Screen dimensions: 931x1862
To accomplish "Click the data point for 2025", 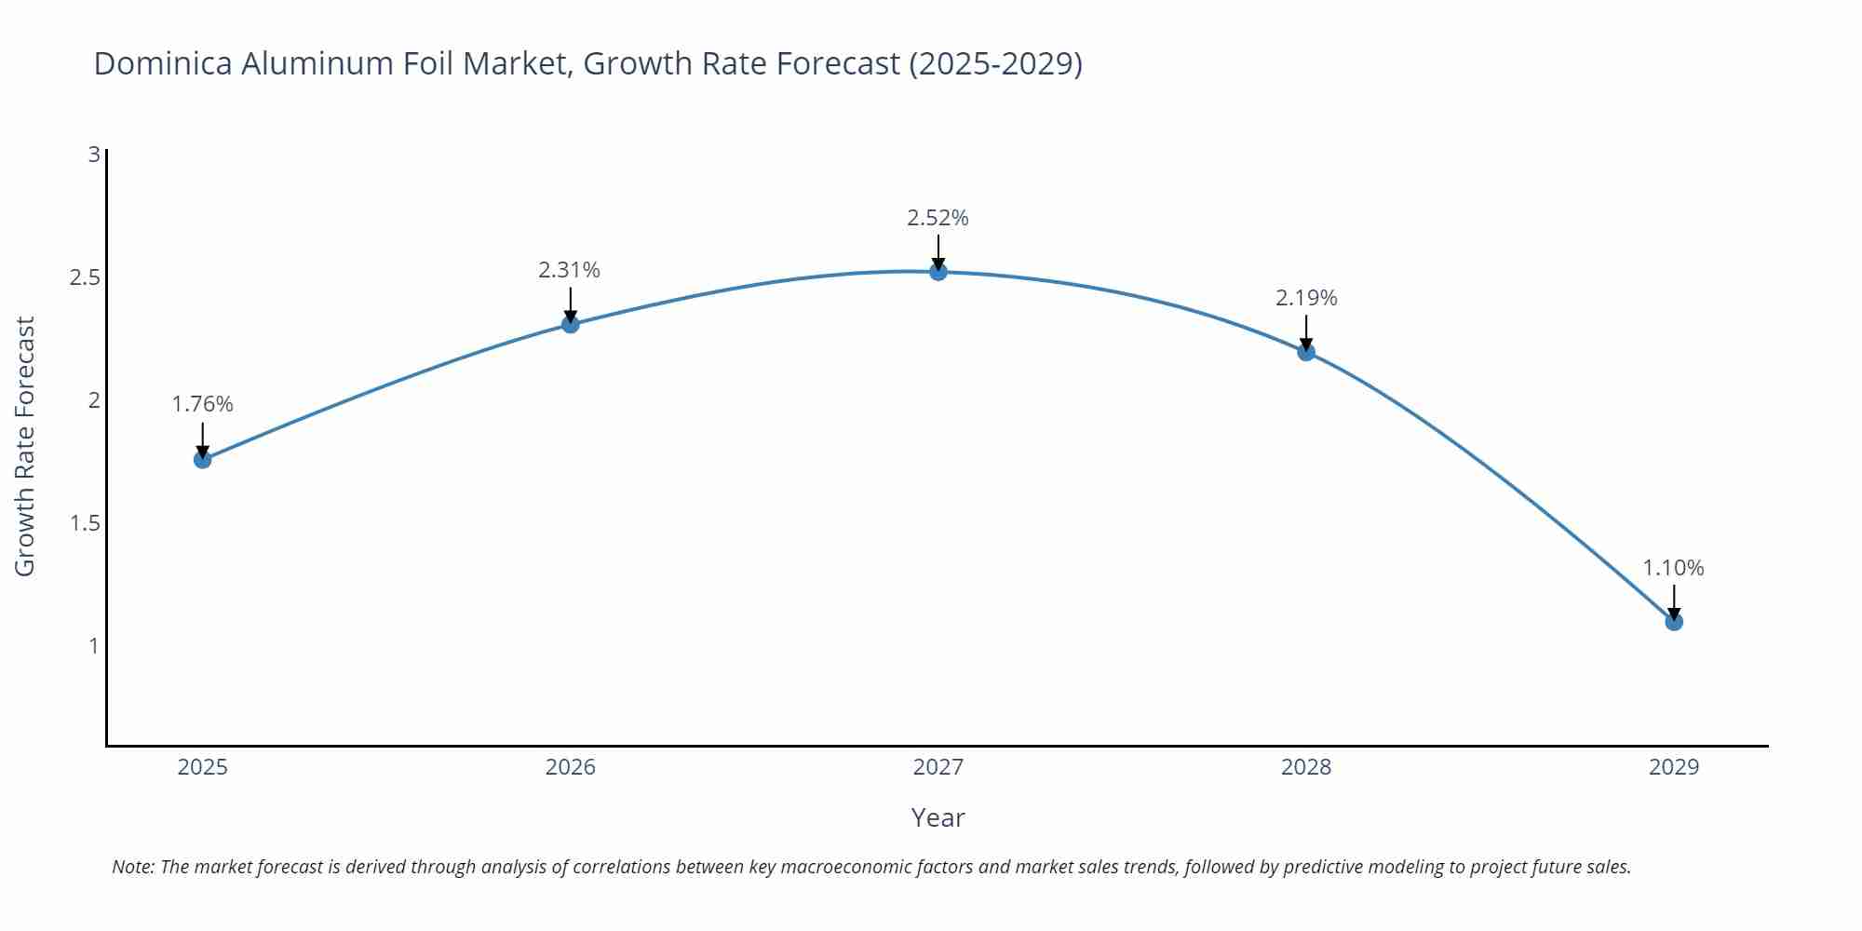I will tap(202, 459).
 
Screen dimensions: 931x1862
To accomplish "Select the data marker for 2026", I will tap(570, 324).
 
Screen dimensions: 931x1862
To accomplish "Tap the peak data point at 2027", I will tap(938, 272).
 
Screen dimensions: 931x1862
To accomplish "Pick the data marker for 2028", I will tap(1305, 352).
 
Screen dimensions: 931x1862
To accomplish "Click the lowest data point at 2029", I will tap(1673, 621).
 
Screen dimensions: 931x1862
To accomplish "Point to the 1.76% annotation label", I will tap(202, 404).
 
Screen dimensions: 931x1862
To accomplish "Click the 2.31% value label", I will tap(569, 270).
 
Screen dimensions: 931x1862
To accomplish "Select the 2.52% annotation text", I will tap(938, 218).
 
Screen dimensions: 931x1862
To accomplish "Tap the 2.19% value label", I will tap(1305, 298).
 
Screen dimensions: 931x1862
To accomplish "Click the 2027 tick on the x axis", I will tap(938, 767).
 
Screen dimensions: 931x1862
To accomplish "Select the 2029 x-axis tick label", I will tap(1673, 767).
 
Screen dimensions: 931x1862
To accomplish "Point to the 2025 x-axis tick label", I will tap(202, 767).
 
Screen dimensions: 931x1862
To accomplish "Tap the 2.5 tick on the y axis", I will tap(85, 277).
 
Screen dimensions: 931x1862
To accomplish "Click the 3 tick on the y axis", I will tap(93, 155).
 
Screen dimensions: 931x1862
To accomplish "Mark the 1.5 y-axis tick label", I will tap(85, 523).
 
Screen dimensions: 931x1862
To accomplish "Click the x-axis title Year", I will tap(938, 817).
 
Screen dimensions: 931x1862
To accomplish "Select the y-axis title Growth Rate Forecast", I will tap(25, 446).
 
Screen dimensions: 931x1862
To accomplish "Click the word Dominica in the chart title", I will tap(162, 63).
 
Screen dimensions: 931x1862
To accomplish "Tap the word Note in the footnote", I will tap(132, 867).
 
